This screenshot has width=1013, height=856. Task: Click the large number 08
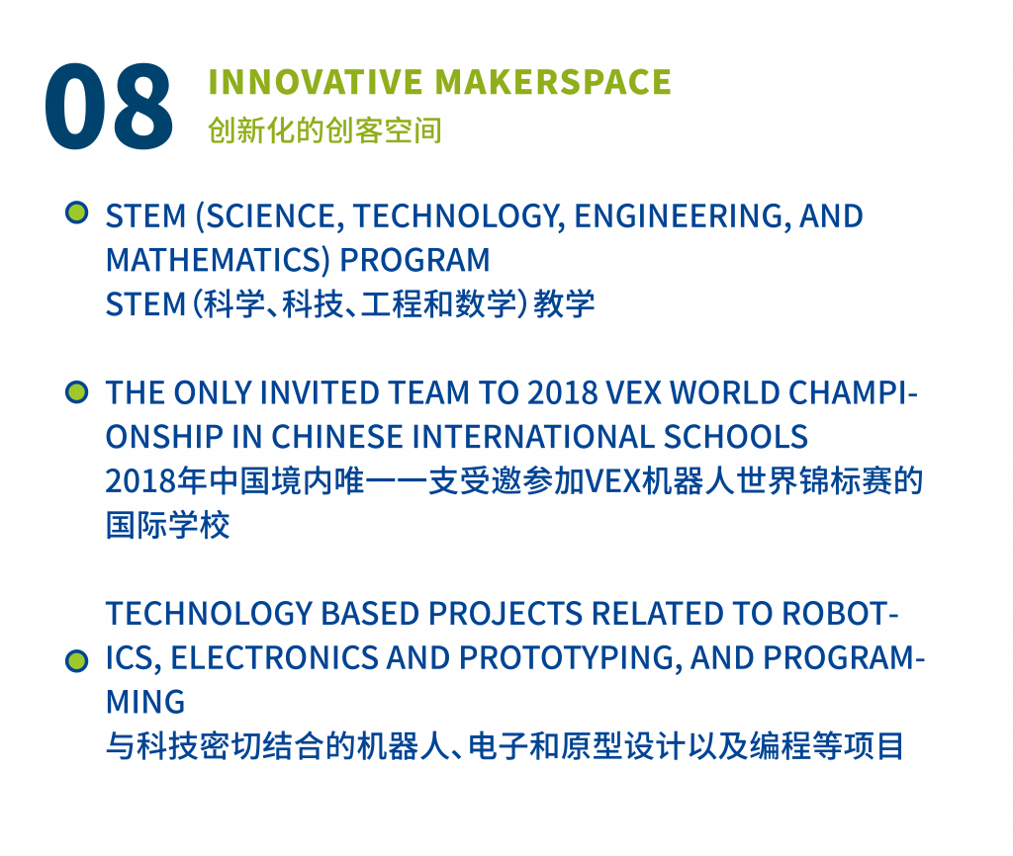[109, 107]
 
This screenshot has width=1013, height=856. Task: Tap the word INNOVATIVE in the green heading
[316, 82]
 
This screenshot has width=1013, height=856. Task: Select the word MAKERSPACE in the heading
[553, 82]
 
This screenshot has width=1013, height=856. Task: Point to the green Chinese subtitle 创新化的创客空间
[324, 130]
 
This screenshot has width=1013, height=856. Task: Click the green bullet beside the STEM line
[77, 214]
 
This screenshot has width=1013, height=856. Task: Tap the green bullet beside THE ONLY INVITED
[77, 391]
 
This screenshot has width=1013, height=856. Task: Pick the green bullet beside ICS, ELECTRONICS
[77, 661]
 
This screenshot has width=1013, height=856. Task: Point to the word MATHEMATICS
[214, 261]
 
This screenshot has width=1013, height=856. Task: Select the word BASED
[370, 614]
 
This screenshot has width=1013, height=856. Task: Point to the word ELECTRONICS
[273, 658]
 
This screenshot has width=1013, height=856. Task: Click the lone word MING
[145, 703]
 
